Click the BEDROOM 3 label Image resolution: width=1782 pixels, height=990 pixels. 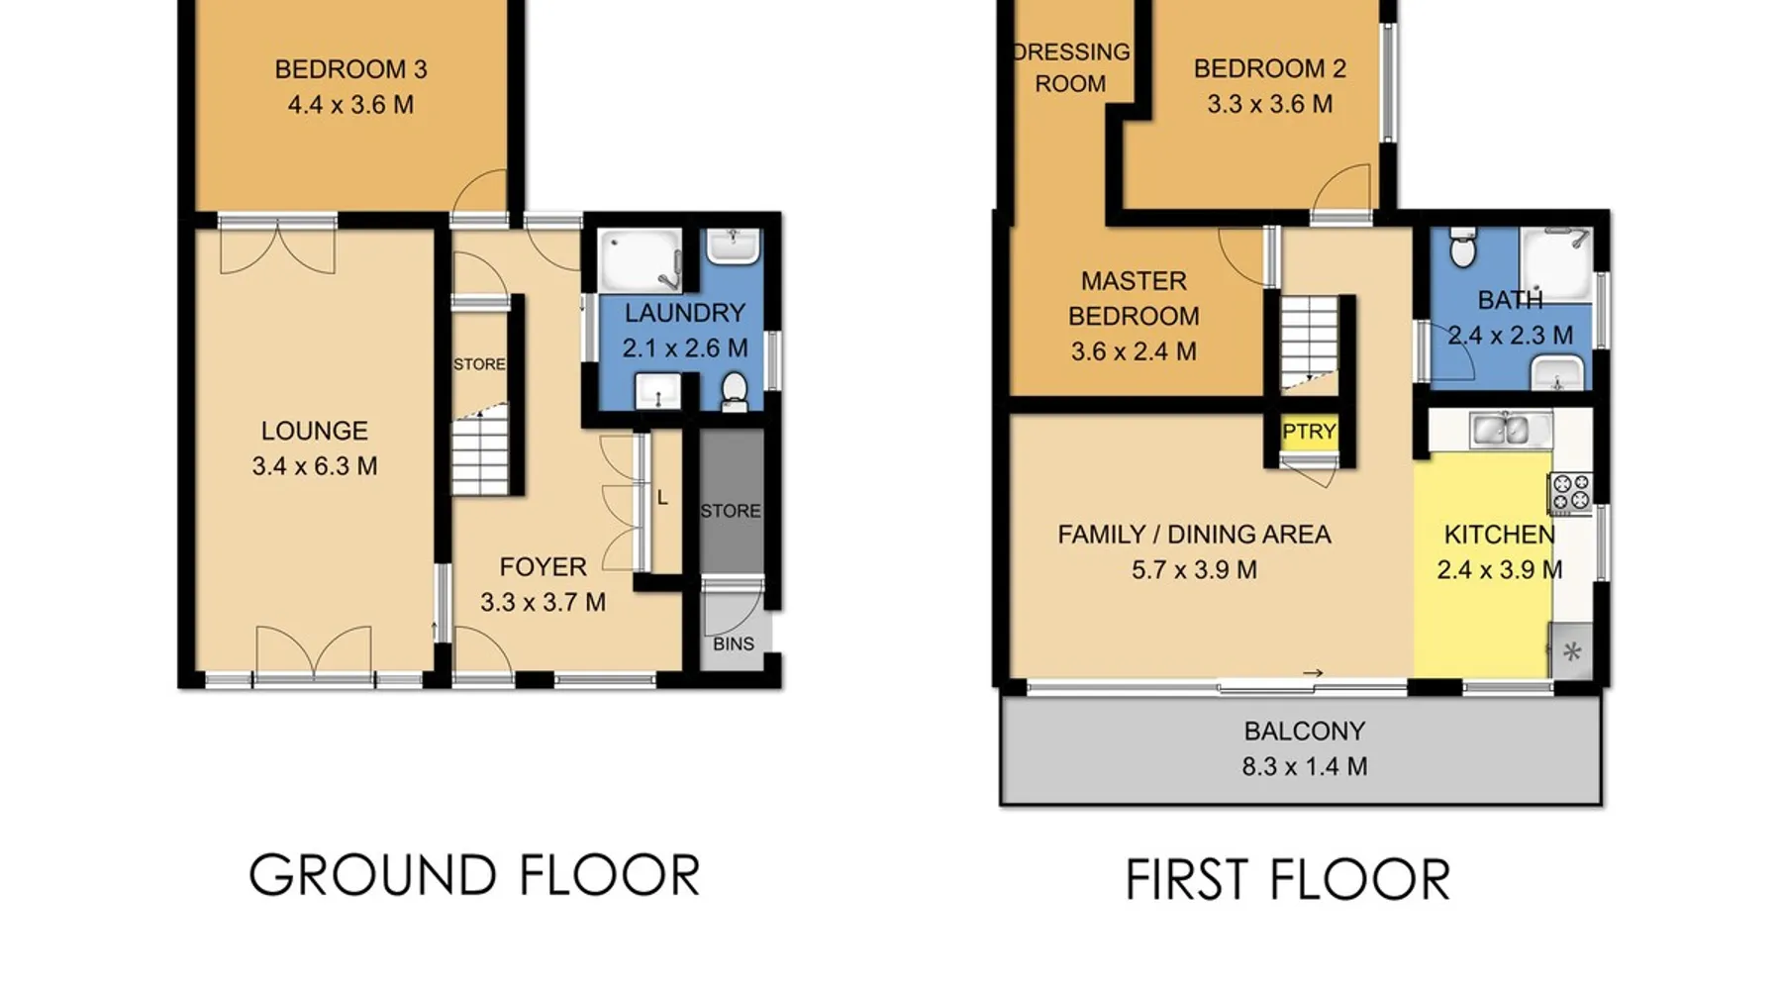[x=350, y=69]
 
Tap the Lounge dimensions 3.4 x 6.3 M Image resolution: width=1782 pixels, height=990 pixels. [x=314, y=466]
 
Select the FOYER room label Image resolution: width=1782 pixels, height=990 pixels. [x=543, y=567]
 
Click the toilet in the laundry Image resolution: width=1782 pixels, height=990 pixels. [x=734, y=391]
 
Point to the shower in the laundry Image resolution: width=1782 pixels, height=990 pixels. [x=641, y=260]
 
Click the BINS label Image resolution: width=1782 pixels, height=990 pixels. [x=734, y=644]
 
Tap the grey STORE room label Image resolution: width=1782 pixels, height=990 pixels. [x=731, y=511]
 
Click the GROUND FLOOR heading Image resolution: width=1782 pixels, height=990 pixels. [x=474, y=875]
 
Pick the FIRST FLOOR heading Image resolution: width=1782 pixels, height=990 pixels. [x=1288, y=879]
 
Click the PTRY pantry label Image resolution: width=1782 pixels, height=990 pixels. [x=1309, y=432]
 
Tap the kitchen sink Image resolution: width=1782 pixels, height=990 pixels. [x=1504, y=430]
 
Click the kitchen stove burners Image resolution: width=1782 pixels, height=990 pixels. [x=1570, y=493]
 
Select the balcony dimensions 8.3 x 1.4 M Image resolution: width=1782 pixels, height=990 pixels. [x=1305, y=766]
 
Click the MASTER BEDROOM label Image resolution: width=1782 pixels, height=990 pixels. [x=1134, y=299]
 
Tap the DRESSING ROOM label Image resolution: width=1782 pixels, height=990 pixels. [x=1071, y=68]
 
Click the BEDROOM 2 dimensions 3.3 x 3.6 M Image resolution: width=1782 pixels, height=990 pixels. [x=1269, y=104]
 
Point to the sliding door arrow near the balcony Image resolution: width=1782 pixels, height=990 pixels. [x=1313, y=674]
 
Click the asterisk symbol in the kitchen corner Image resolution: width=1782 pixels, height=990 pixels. [x=1572, y=652]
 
